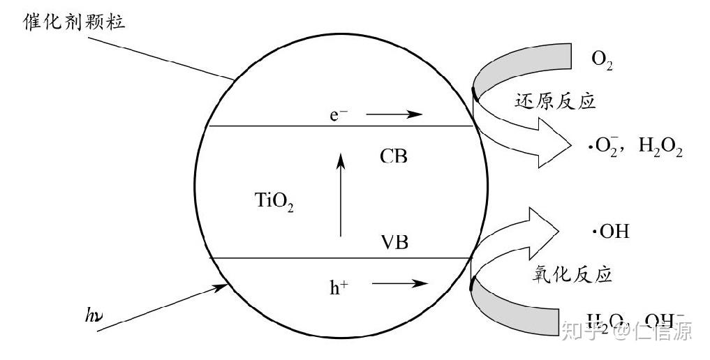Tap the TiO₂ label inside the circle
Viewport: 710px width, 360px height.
pyautogui.click(x=274, y=202)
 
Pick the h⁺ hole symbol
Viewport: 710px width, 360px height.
pyautogui.click(x=339, y=285)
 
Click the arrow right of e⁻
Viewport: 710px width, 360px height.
pyautogui.click(x=394, y=114)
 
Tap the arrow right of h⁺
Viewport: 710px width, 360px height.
pyautogui.click(x=399, y=283)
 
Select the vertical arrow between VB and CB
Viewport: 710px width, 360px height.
pyautogui.click(x=341, y=195)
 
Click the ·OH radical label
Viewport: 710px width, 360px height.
pyautogui.click(x=610, y=230)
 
